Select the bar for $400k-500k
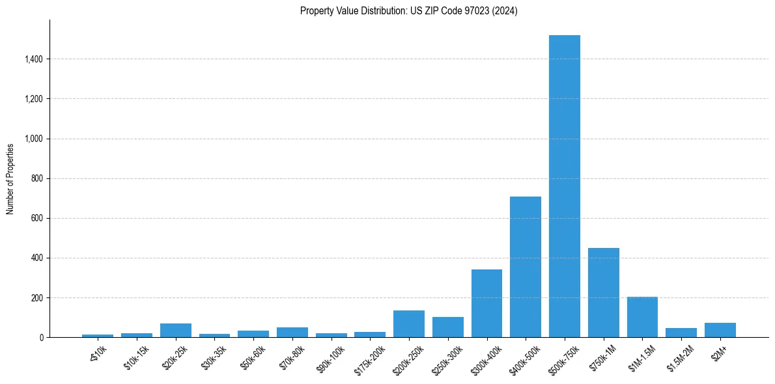[526, 267]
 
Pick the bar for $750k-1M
[603, 293]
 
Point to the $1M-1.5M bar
[642, 317]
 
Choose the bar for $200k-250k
[409, 324]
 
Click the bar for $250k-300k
[448, 327]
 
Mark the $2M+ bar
[720, 330]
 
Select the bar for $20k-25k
[176, 331]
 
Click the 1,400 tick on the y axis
[34, 59]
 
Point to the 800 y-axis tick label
[37, 178]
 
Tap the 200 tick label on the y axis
[37, 298]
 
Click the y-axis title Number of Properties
[10, 179]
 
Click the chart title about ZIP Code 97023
[409, 11]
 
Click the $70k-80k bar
[292, 333]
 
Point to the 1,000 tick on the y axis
[34, 139]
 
